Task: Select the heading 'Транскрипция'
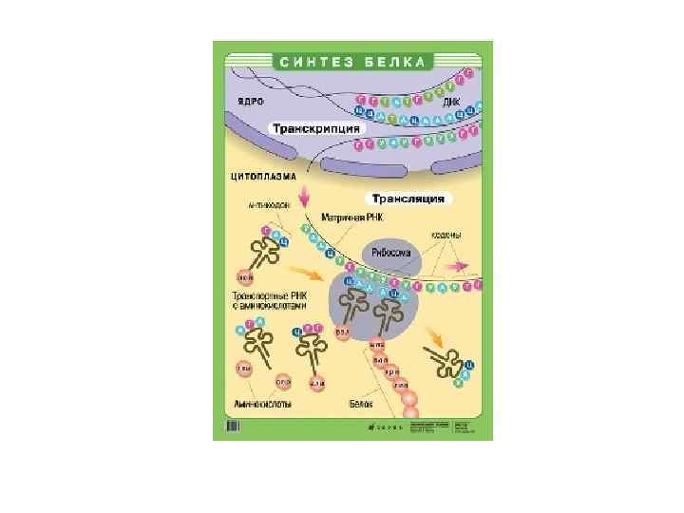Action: (x=315, y=128)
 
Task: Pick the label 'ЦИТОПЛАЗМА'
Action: (x=264, y=177)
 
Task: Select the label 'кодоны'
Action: (x=446, y=234)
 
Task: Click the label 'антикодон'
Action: (x=265, y=203)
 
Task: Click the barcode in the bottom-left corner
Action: (x=232, y=429)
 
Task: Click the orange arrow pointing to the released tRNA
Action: (x=433, y=337)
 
